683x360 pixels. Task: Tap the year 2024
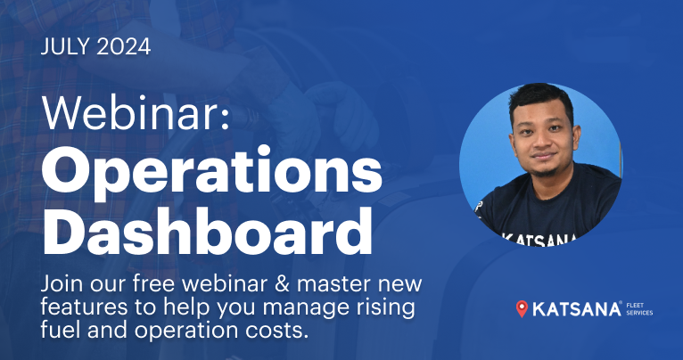click(124, 47)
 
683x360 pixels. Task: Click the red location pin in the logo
click(522, 309)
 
